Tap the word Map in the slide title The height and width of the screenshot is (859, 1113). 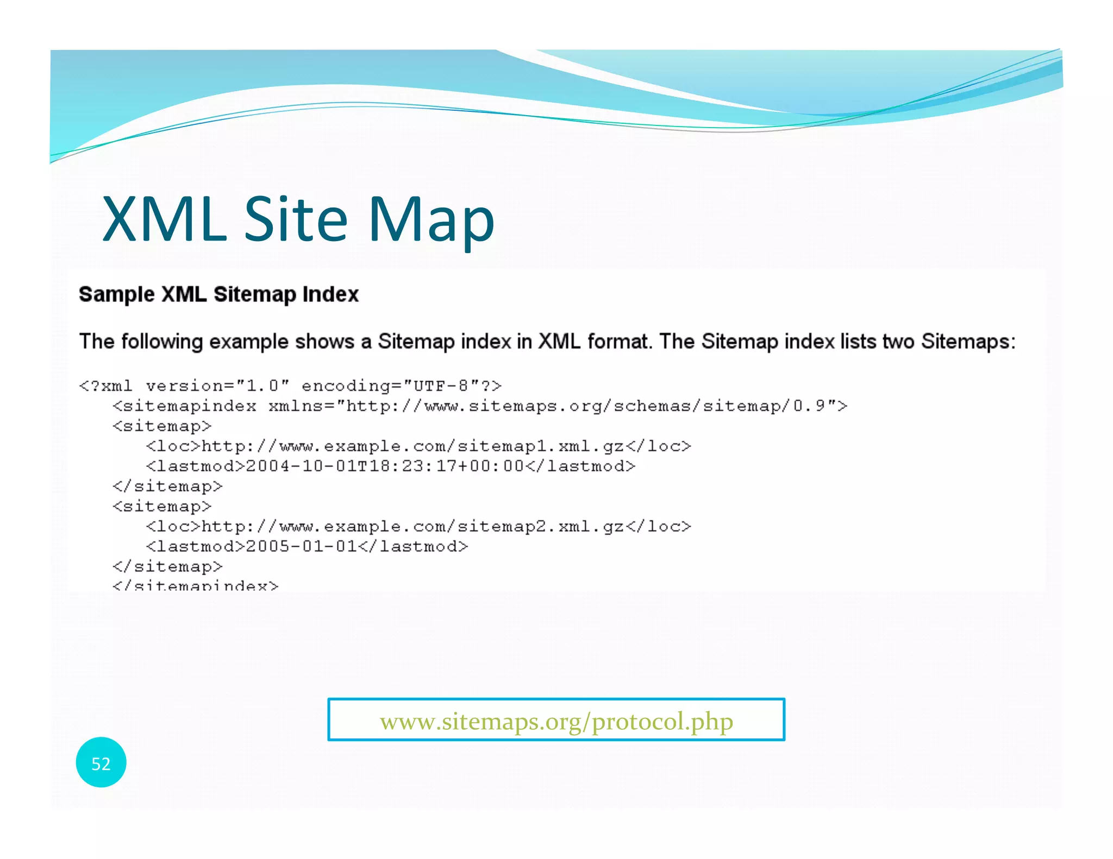(x=431, y=220)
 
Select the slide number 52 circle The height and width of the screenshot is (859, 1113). (x=101, y=763)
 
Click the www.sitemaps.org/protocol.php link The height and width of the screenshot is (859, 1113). (x=556, y=721)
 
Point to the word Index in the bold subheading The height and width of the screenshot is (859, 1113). (x=330, y=294)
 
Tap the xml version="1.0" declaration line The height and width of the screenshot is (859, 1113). (x=290, y=386)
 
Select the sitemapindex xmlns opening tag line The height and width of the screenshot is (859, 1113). (x=479, y=406)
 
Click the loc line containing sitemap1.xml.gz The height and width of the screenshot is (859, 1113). (x=418, y=446)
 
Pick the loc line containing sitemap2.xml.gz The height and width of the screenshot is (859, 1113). (x=418, y=526)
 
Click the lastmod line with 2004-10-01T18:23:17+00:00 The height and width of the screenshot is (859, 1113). (x=390, y=466)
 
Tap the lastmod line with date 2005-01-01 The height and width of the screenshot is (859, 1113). (x=307, y=546)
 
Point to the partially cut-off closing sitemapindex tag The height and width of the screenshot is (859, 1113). (x=195, y=585)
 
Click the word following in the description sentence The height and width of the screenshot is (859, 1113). (x=162, y=342)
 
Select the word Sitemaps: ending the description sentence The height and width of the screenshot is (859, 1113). (x=968, y=342)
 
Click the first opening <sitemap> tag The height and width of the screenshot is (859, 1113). (x=162, y=426)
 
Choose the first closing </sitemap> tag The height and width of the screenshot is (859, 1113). (x=167, y=486)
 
